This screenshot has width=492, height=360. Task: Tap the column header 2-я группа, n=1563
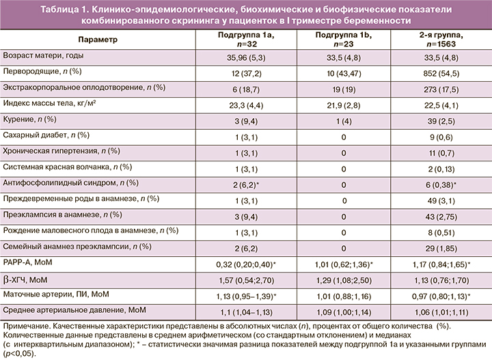(x=441, y=38)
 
